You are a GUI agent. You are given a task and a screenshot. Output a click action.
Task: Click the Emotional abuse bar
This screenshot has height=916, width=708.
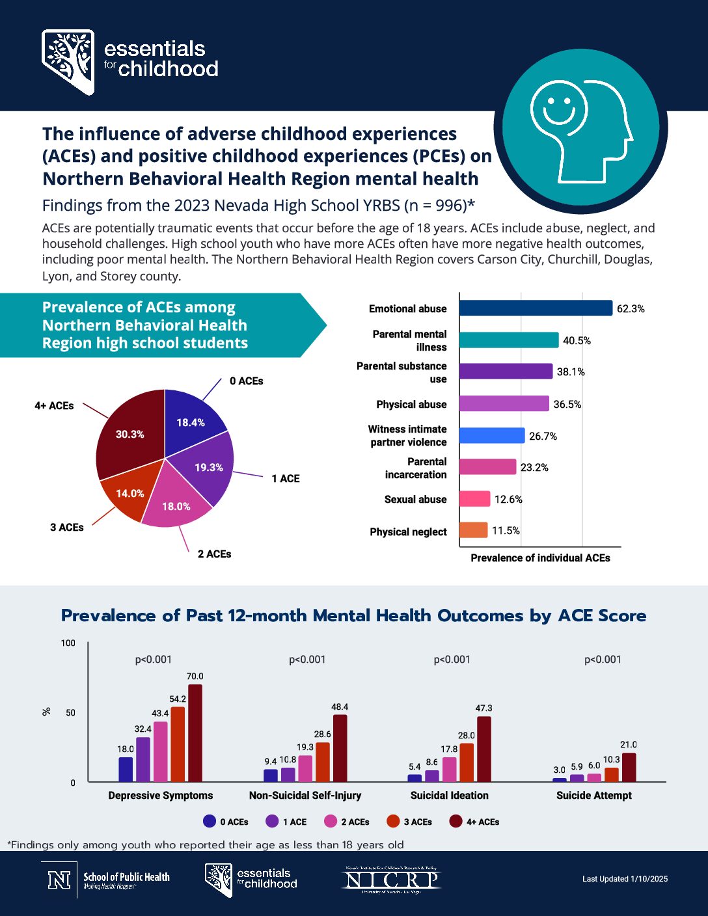pos(535,308)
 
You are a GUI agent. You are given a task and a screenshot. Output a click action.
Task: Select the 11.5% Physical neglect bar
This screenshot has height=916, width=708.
pos(473,530)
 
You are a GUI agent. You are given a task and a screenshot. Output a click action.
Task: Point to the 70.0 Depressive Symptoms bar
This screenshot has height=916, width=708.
pos(195,733)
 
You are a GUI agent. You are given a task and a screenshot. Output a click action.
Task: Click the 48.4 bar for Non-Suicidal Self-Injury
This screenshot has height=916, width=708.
pos(340,748)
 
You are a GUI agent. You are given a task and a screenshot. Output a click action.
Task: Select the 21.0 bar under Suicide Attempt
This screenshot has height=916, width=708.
pos(629,768)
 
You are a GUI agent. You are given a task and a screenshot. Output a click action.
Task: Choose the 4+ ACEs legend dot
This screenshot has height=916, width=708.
pos(456,822)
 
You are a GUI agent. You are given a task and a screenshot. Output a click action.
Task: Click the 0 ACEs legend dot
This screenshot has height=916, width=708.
pos(210,822)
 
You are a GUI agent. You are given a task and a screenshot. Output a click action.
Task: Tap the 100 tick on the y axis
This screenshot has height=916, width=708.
pos(68,643)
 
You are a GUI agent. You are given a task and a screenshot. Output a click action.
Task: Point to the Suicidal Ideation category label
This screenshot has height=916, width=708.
pos(449,796)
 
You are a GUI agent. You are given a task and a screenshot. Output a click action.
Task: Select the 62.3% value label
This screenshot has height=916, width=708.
pos(631,309)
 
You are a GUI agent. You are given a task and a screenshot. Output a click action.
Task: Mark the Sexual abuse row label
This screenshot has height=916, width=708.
pos(415,500)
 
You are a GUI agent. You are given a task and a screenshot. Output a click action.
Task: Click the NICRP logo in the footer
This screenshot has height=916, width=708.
pos(392,880)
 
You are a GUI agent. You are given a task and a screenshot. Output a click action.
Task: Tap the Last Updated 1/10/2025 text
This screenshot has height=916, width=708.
pos(625,879)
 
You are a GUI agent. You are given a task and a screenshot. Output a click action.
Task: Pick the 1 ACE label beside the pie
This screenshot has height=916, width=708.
pos(286,479)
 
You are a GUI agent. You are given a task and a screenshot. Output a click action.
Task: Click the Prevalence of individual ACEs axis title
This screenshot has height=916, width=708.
pos(540,558)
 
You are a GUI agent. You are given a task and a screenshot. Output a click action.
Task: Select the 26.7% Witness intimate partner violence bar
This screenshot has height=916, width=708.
pos(491,436)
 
